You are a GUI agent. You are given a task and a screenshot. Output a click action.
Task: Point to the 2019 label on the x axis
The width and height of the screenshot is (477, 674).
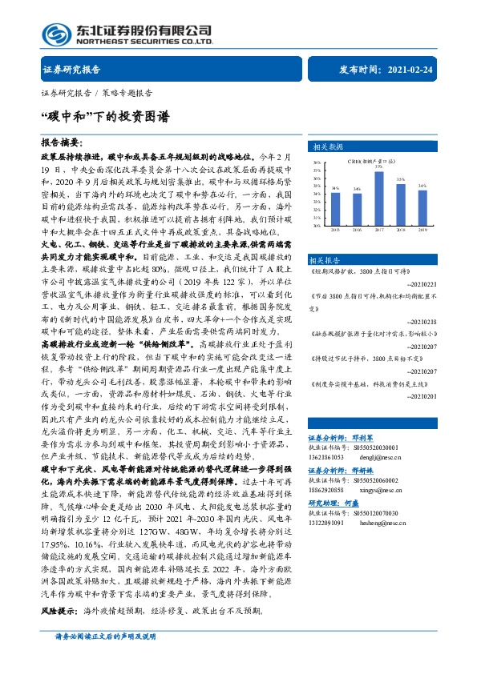pos(422,229)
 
